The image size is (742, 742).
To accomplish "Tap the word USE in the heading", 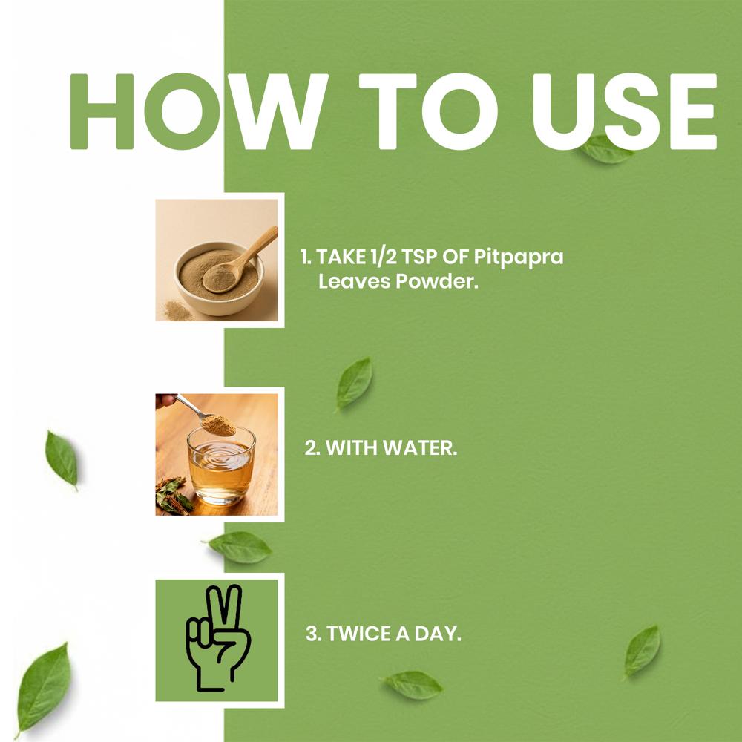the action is coord(625,112).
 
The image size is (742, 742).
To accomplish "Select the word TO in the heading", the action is coord(428,112).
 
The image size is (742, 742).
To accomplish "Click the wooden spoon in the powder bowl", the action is coord(239,262).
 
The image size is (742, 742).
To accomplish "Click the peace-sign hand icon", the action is coord(217,637).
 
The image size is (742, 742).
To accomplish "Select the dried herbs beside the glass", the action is coord(174,496).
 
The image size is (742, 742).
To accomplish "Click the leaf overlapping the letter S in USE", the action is coord(607,150).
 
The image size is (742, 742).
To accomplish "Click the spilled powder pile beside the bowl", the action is coord(177,311).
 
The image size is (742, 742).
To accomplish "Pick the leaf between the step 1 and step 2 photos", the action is coord(354,384).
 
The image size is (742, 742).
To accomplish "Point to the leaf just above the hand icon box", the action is coord(240,547).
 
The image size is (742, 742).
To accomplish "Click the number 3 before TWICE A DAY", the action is coord(312,634).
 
